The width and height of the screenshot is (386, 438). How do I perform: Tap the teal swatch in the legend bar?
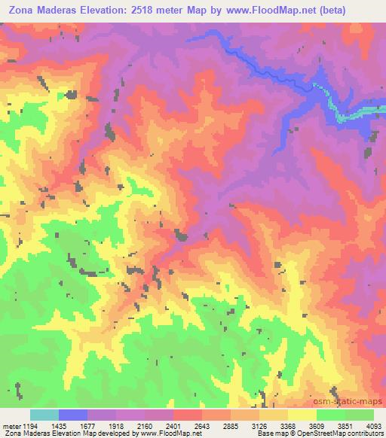[x=44, y=415]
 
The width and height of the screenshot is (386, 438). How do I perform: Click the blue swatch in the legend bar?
[x=72, y=415]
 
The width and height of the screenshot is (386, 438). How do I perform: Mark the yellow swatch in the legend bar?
[x=302, y=415]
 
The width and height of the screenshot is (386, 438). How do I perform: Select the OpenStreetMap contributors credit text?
[x=345, y=433]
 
